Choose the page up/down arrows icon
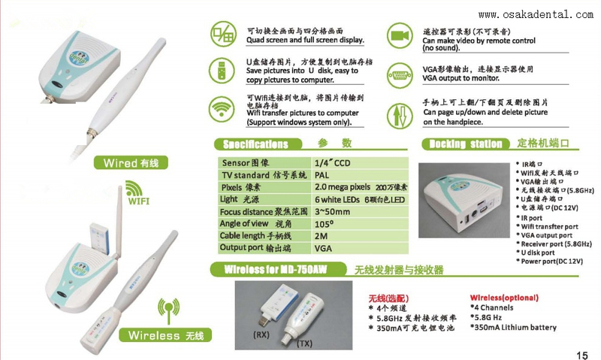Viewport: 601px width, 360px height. (399, 115)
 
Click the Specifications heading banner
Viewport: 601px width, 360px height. (266, 144)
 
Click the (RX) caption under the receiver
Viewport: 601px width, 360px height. (262, 333)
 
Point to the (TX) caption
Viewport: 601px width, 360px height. (305, 343)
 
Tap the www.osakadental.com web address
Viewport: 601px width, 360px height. (535, 14)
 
